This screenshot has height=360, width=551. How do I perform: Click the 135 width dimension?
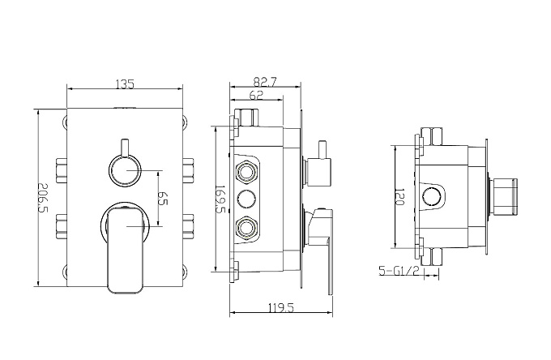pos(125,84)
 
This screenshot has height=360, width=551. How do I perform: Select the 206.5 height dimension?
pos(43,198)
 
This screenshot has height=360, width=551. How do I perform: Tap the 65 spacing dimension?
pos(163,198)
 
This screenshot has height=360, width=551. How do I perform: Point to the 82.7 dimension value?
pos(265,82)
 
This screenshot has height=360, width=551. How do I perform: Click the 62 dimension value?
pos(256,95)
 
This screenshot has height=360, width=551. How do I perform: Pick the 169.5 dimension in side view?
pos(220,199)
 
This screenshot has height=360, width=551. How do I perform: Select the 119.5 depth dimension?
pos(281,308)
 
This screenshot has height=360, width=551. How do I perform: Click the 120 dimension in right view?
pos(400,197)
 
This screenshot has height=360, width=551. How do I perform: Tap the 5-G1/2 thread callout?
pos(399,271)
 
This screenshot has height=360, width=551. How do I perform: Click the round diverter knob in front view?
pos(125,170)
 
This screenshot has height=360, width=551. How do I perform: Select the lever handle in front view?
pos(125,249)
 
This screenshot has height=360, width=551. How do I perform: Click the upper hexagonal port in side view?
pos(246,172)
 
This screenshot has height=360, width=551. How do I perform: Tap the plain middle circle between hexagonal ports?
pos(246,199)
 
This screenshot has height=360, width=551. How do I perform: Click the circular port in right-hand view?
pos(432,197)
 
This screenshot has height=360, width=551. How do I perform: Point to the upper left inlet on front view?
pos(62,170)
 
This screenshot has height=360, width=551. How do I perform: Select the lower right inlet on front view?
pos(188,226)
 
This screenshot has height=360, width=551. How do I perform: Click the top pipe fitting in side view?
pos(246,118)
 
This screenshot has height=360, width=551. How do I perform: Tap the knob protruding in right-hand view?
pos(505,197)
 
